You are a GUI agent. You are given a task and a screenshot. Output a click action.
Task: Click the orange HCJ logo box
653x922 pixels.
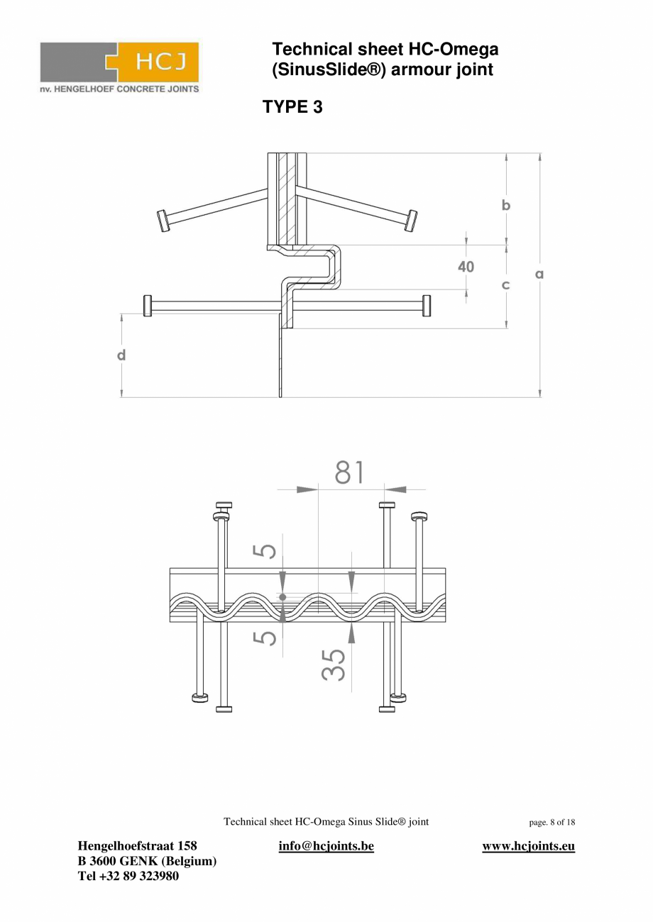pos(157,62)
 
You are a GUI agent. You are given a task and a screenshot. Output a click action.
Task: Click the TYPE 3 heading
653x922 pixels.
pos(292,107)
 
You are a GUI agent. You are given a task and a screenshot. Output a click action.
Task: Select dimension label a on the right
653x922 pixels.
pos(539,273)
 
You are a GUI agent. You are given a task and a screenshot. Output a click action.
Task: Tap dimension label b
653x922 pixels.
pos(506,205)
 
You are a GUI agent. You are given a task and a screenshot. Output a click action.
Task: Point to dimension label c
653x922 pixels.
pos(506,285)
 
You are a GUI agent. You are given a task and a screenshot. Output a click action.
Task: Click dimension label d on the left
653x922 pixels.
pos(121,355)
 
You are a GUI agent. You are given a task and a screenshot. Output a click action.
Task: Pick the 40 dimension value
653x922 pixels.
pos(466,267)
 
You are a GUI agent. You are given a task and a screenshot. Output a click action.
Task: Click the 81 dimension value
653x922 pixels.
pos(349,472)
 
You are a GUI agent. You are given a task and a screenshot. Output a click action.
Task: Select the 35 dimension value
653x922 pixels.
pos(334,665)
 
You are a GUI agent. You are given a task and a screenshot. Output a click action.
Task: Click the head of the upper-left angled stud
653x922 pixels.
pos(163,221)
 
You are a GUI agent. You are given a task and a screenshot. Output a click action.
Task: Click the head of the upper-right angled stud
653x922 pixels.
pos(410,220)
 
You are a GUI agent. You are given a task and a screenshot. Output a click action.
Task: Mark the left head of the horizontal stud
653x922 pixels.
pos(148,306)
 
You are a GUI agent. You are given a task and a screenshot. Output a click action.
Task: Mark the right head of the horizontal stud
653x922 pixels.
pos(427,306)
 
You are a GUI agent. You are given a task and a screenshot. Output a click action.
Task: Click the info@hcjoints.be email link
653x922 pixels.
pos(326,846)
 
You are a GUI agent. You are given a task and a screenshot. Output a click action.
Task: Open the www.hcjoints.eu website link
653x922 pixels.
pos(528,846)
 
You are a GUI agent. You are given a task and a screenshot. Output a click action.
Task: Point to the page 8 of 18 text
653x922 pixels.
pos(552,823)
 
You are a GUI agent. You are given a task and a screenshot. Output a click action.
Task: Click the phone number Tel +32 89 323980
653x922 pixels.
pos(128,876)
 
